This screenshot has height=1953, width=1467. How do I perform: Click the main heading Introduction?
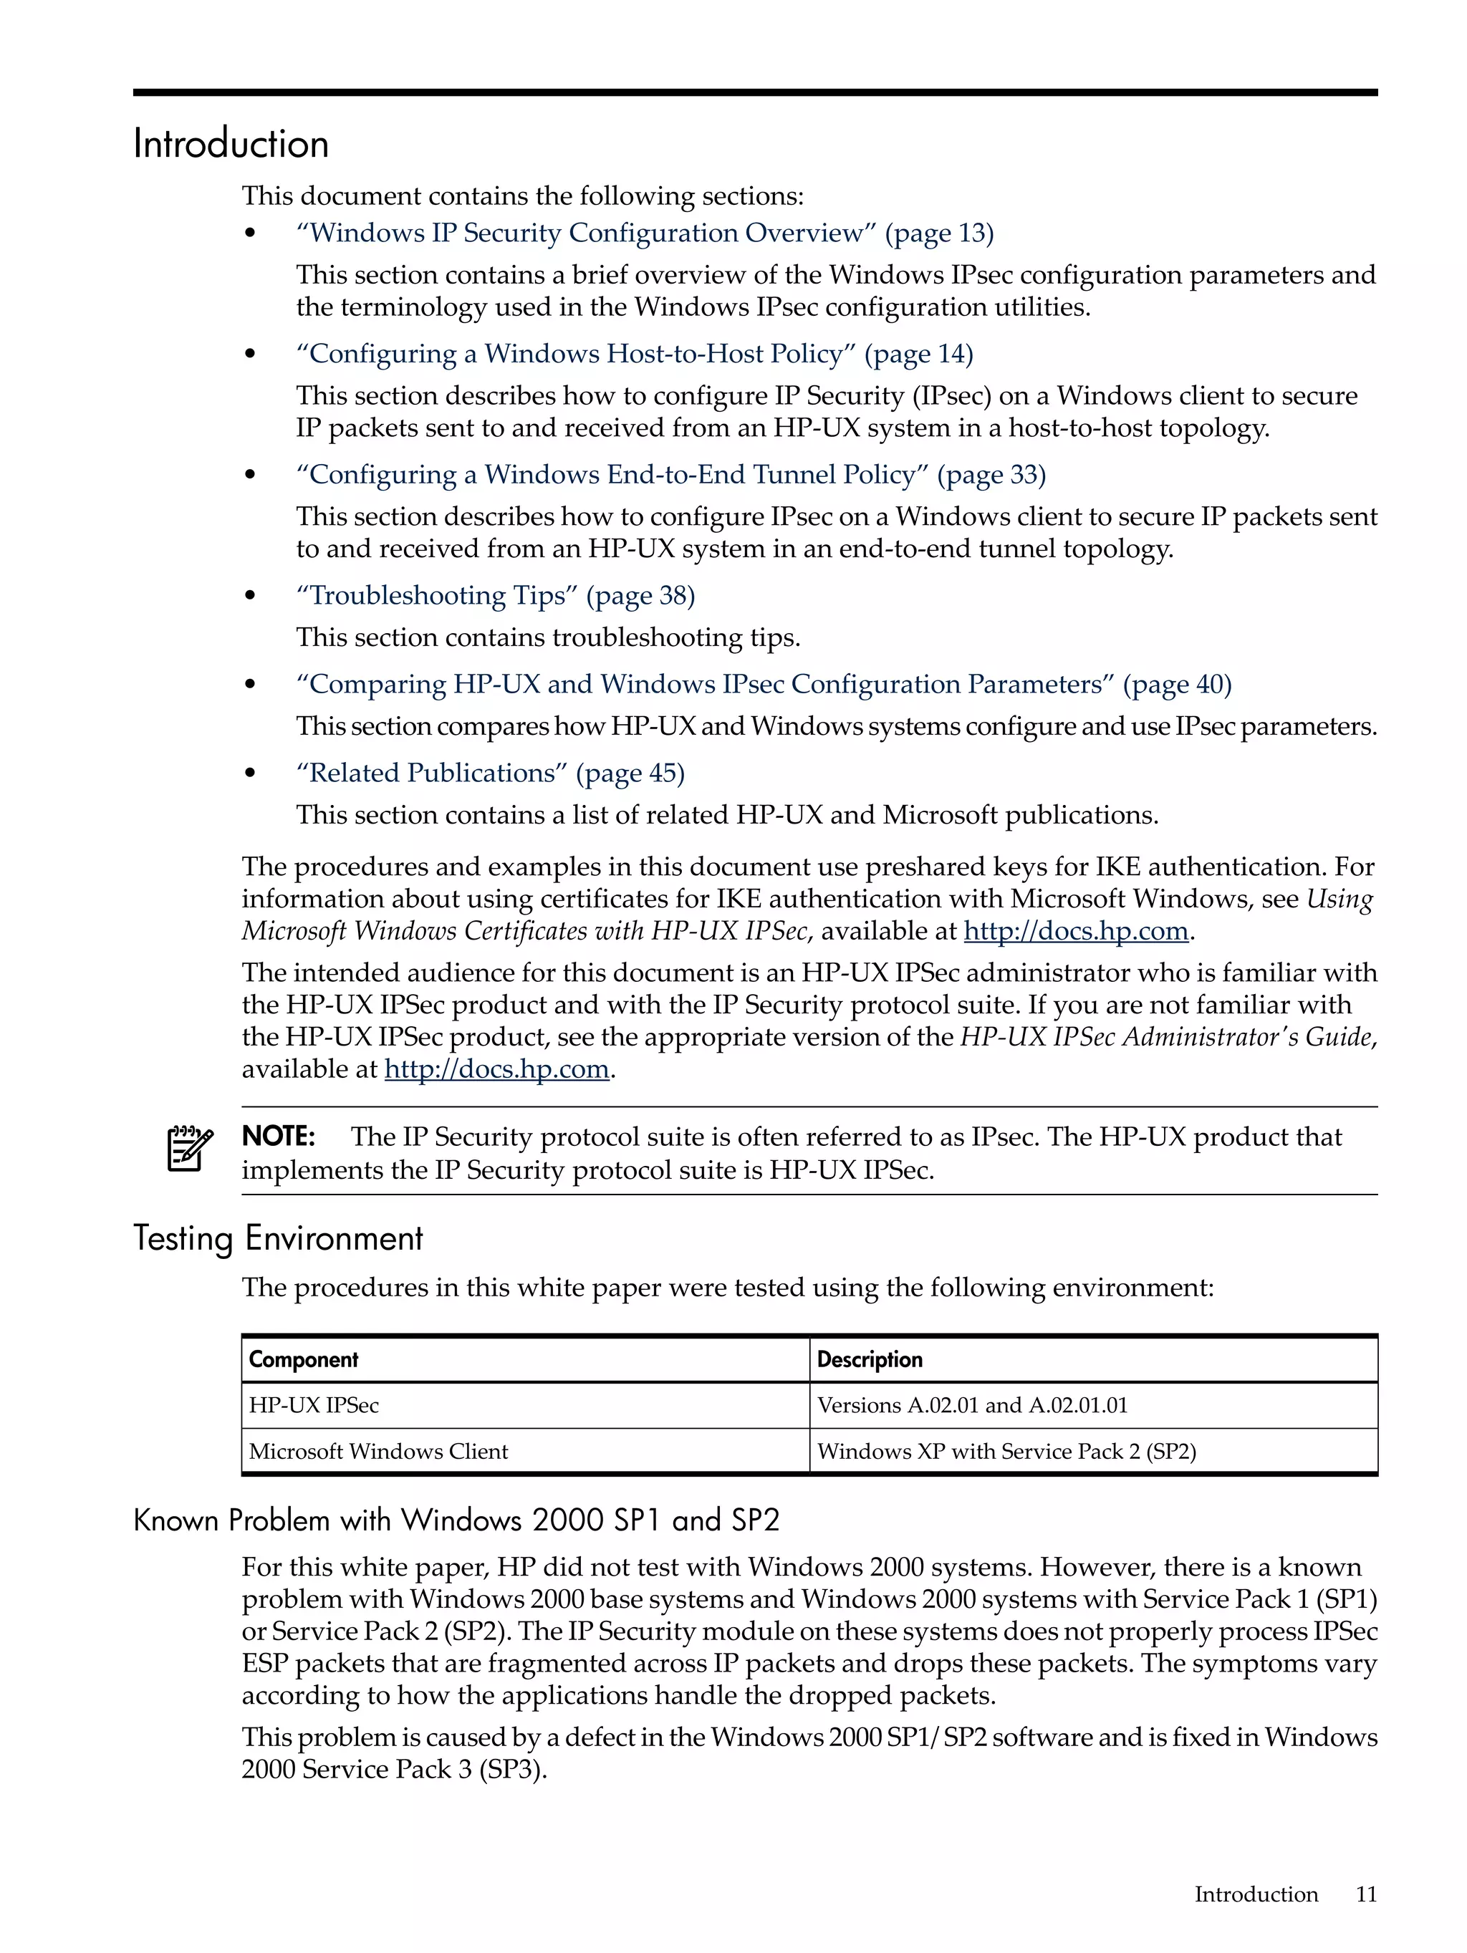[x=231, y=144]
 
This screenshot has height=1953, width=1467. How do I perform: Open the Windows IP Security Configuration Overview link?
[x=644, y=233]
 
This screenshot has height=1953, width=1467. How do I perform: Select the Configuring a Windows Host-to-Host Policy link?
[x=633, y=354]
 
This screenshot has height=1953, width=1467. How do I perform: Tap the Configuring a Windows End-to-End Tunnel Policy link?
[x=670, y=475]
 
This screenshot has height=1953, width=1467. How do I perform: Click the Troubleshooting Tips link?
[x=494, y=596]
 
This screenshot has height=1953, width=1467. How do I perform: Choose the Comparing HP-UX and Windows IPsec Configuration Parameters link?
[x=762, y=684]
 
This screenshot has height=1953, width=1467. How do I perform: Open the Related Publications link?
[x=489, y=773]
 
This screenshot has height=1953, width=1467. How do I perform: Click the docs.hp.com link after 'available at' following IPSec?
[x=1075, y=932]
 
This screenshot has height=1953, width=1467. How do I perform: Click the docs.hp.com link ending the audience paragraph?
[x=496, y=1069]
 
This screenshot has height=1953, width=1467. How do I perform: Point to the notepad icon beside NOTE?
[x=190, y=1148]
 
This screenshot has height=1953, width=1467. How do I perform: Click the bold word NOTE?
[x=278, y=1137]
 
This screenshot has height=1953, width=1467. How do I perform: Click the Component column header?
[x=303, y=1360]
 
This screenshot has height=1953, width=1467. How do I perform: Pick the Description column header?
[x=869, y=1360]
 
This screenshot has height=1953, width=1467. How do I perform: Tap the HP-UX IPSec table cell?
[x=314, y=1406]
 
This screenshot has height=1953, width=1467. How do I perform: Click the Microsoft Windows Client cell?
[x=378, y=1452]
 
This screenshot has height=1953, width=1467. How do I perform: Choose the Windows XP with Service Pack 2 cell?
[x=1006, y=1452]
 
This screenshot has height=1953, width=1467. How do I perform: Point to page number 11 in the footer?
[x=1365, y=1895]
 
